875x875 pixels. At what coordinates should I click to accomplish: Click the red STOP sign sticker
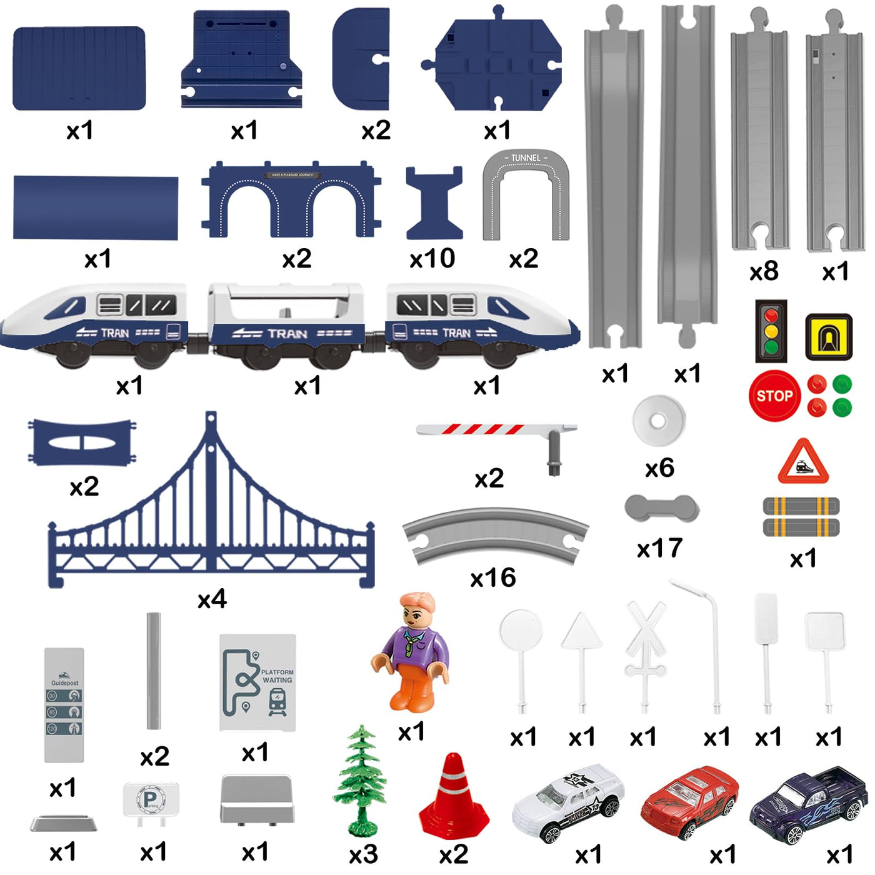774,396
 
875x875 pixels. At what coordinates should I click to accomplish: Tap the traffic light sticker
771,331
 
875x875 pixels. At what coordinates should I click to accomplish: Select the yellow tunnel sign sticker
829,337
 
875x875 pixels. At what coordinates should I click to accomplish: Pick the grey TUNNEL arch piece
526,194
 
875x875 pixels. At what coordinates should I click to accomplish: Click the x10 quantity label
432,258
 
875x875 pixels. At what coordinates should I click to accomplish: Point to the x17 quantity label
659,549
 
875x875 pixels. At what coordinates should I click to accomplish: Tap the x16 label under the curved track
493,578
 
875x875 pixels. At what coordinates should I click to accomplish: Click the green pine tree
361,781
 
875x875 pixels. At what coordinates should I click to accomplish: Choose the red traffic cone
454,797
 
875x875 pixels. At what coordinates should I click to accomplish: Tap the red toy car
689,802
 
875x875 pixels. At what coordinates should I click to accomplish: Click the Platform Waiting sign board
257,682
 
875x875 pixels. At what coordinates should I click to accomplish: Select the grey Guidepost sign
64,704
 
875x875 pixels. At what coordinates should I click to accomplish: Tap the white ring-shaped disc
658,421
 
